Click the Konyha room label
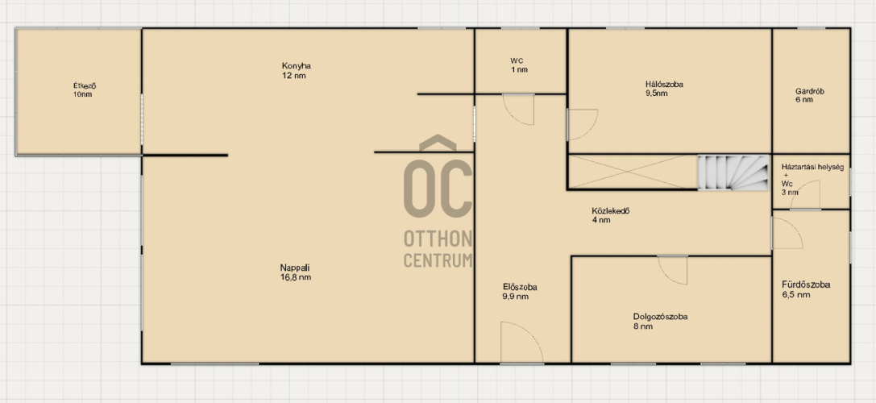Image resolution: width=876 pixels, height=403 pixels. click(296, 66)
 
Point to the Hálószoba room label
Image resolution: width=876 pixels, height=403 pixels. click(664, 85)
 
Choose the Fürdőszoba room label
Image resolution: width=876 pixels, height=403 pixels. click(806, 285)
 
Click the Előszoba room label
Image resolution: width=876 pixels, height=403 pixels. click(520, 287)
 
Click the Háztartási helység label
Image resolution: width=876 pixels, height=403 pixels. click(812, 168)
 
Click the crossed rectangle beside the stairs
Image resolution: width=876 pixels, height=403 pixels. click(633, 172)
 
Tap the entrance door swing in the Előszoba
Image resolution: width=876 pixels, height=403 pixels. click(521, 342)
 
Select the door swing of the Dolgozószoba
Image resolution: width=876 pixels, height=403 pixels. click(672, 270)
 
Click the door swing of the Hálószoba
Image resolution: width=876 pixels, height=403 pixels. click(582, 124)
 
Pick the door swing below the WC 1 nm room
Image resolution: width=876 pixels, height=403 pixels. click(518, 110)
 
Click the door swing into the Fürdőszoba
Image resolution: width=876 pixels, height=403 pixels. click(787, 233)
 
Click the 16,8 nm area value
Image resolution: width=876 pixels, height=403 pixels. click(296, 277)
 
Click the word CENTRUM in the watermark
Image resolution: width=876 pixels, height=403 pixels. click(438, 260)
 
